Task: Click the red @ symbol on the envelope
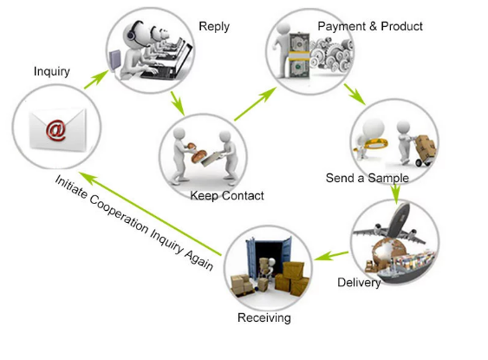click(56, 130)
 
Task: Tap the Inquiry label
click(52, 72)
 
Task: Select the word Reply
click(214, 27)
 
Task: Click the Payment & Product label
click(370, 26)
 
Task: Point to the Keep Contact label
click(227, 195)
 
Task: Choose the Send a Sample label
click(368, 178)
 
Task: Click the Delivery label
click(359, 283)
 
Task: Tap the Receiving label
click(264, 317)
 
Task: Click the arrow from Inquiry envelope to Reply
click(96, 80)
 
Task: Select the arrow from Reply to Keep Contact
click(178, 103)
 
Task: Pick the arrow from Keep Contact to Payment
click(255, 104)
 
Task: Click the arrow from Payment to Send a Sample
click(355, 94)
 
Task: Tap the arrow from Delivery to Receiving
click(331, 256)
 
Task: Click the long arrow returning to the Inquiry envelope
click(150, 213)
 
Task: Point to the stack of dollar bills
click(299, 56)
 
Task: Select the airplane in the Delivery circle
click(392, 225)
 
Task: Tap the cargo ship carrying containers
click(405, 266)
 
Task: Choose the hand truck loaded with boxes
click(424, 150)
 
